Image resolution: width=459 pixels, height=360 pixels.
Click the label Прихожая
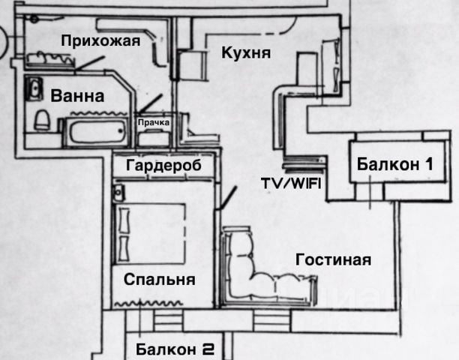pos(100,41)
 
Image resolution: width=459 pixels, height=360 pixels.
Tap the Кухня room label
pos(246,53)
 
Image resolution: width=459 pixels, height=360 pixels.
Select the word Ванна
pos(77,96)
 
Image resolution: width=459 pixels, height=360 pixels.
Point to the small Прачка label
pos(152,121)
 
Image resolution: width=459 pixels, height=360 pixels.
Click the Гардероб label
pos(164,165)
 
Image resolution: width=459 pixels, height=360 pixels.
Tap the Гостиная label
pos(334,260)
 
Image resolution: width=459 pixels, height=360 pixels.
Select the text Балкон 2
pos(175,349)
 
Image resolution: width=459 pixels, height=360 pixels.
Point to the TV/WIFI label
pos(290,184)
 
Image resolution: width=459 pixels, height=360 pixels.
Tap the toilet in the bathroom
pos(43,118)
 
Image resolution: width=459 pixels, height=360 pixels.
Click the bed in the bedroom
pos(150,232)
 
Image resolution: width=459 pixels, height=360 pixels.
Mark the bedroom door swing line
pos(226,196)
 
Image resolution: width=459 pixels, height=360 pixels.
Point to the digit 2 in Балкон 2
pos(208,349)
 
